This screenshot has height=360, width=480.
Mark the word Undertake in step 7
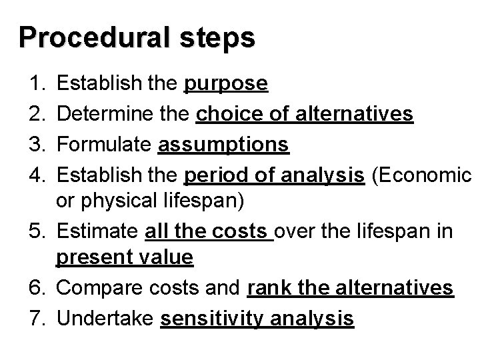click(107, 319)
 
